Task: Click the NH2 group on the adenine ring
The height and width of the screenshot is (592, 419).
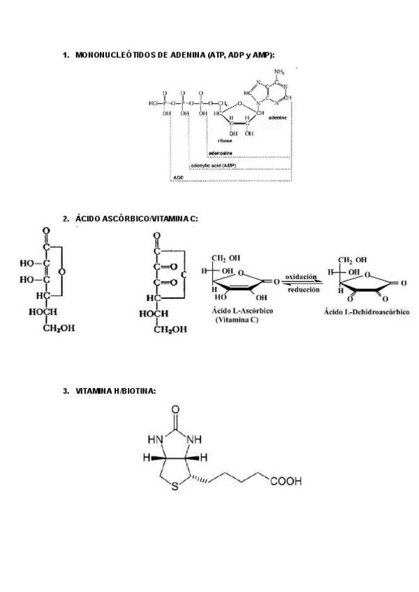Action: coord(279,72)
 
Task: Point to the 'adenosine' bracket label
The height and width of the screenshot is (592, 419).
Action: coord(220,152)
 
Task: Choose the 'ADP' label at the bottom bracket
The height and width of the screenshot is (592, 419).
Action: coord(178,179)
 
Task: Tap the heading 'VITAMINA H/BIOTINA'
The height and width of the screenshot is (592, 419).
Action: coord(115,391)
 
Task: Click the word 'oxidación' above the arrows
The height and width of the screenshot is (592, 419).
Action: coord(301,276)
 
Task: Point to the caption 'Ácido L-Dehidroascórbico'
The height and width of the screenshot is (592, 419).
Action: coord(366,311)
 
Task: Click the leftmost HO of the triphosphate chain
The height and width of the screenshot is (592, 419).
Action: coord(152,102)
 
